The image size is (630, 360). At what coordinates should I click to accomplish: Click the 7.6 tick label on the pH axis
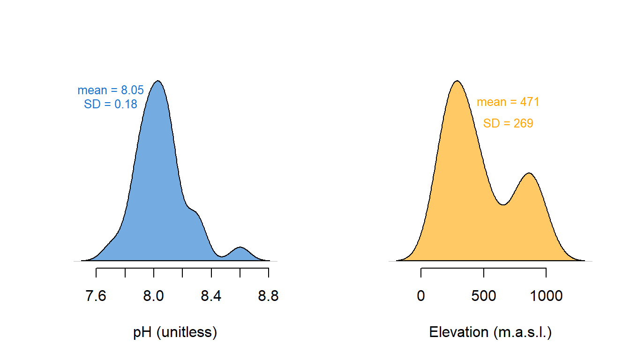coord(96,296)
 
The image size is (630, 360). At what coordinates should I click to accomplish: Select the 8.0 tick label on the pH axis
coord(153,296)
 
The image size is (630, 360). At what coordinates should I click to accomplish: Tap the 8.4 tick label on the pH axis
coord(211,296)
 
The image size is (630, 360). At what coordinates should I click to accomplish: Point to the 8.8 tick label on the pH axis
coord(268,296)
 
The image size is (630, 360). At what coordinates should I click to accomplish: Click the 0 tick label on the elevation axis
coord(421,296)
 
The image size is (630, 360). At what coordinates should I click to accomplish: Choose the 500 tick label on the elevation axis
coord(483,296)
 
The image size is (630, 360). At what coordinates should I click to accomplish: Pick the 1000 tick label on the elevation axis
coord(546,296)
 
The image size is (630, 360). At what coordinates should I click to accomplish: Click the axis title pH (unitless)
coord(175,332)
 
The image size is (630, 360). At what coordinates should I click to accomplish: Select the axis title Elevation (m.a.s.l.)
coord(490,332)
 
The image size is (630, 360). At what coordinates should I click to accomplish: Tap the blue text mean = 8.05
coord(111,90)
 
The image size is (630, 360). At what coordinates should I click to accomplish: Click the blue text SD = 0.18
coord(111,105)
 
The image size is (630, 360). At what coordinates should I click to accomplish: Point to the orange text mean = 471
coord(508,102)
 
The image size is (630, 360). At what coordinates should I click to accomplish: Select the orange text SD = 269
coord(508,123)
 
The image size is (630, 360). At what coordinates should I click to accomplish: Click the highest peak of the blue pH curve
coord(158,81)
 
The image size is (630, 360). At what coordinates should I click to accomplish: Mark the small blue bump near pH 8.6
coord(240,247)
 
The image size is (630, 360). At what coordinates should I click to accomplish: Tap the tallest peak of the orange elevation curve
coord(457,81)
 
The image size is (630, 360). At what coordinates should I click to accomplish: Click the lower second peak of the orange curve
coord(529,173)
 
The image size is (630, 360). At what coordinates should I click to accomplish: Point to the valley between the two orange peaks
coord(503,204)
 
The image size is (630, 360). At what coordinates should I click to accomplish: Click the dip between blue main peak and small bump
coord(222,256)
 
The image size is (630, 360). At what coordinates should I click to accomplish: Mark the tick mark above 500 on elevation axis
coord(483,272)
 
